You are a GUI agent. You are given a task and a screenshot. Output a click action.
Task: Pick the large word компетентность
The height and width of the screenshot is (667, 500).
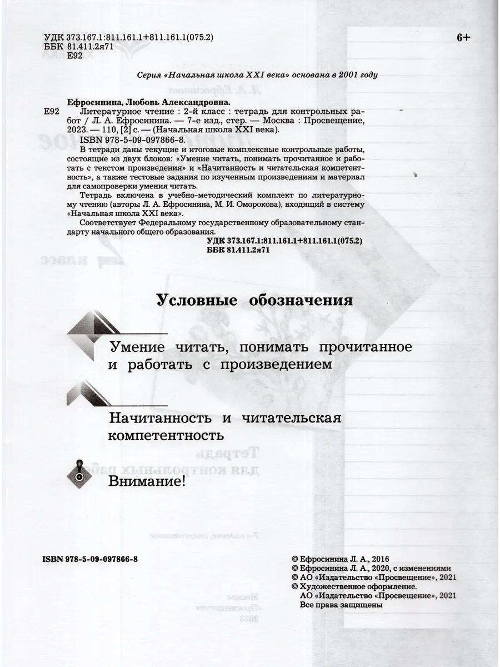point(167,434)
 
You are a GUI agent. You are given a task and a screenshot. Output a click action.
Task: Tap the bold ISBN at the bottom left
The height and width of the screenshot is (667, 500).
point(89,560)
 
